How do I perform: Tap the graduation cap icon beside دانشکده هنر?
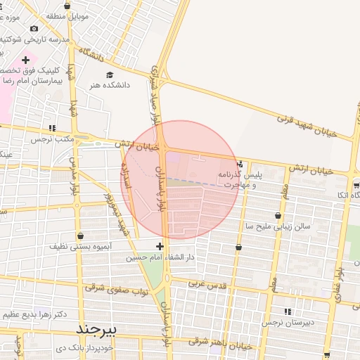(109, 75)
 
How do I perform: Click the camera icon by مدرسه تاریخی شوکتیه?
(34, 29)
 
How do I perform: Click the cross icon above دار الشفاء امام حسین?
(160, 246)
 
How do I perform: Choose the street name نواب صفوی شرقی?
(116, 287)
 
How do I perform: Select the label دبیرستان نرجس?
(287, 322)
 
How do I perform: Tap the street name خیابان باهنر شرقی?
(221, 342)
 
